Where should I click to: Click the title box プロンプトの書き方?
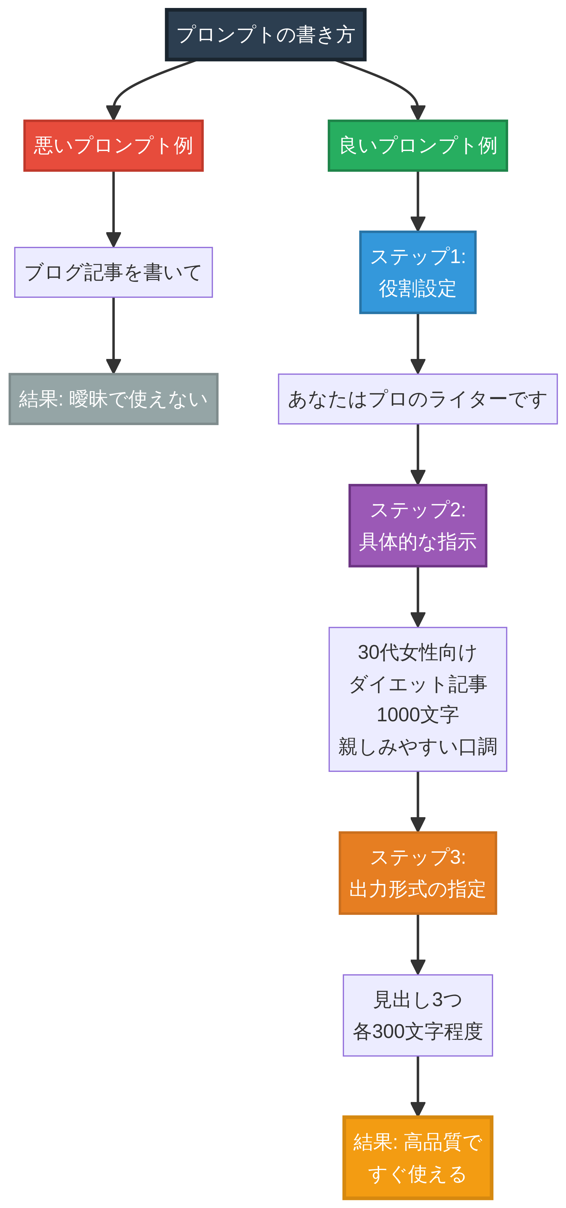pyautogui.click(x=266, y=35)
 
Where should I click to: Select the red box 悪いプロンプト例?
pyautogui.click(x=114, y=146)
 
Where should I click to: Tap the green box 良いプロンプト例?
pyautogui.click(x=417, y=146)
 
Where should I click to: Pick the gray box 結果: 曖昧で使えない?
pyautogui.click(x=114, y=399)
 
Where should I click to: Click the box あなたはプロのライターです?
pyautogui.click(x=417, y=399)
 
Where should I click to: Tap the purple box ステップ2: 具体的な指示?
pyautogui.click(x=417, y=526)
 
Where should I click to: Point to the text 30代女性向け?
pyautogui.click(x=417, y=652)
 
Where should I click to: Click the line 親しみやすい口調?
pyautogui.click(x=417, y=746)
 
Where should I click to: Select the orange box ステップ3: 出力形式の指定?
pyautogui.click(x=417, y=873)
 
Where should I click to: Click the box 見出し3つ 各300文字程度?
pyautogui.click(x=417, y=1015)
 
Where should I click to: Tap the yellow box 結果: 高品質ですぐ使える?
pyautogui.click(x=417, y=1157)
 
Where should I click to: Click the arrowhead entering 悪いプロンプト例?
pyautogui.click(x=114, y=113)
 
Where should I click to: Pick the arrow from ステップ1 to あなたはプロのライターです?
pyautogui.click(x=417, y=342)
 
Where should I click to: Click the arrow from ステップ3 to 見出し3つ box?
pyautogui.click(x=417, y=942)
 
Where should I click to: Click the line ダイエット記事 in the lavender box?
pyautogui.click(x=417, y=684)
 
